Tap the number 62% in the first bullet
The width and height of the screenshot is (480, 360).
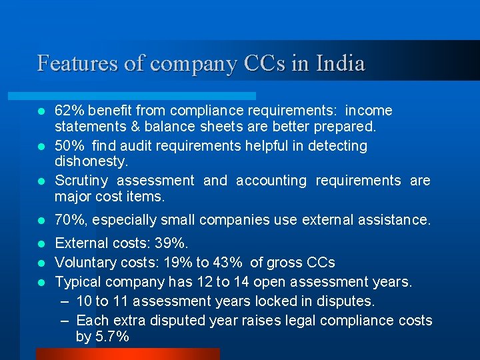(x=69, y=110)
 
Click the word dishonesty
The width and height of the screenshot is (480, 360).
(x=91, y=161)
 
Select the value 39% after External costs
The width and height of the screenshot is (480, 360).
(x=175, y=243)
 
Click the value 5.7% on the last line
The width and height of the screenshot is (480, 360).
(x=112, y=337)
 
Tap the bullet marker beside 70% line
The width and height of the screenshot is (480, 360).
(x=41, y=220)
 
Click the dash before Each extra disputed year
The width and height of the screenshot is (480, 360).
(x=65, y=321)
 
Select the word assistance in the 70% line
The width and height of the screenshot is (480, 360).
(x=398, y=219)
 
